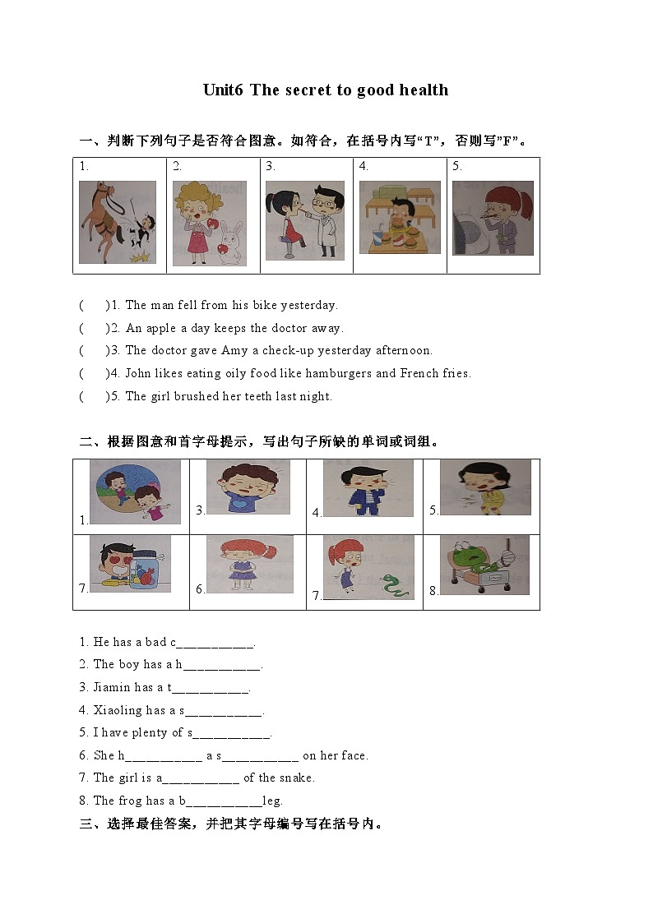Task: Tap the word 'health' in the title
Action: (424, 90)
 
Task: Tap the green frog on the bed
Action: (467, 562)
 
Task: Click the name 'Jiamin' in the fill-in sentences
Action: (112, 687)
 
